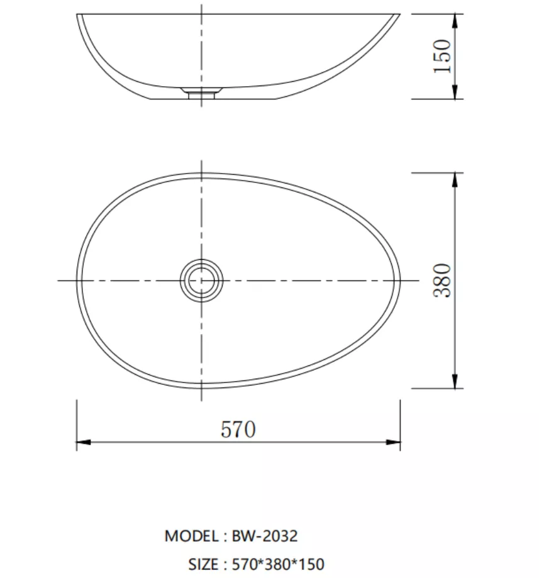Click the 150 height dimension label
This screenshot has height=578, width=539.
[442, 56]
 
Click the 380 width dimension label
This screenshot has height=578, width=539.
[442, 281]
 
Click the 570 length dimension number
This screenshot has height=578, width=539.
[238, 429]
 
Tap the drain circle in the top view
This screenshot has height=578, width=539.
[201, 281]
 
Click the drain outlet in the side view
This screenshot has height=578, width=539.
[201, 93]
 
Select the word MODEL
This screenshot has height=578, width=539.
[191, 536]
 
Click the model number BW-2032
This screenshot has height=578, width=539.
[264, 536]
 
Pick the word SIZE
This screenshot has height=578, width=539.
[203, 564]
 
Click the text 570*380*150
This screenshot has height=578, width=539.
[278, 564]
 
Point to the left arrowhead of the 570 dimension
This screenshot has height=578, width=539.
[83, 442]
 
